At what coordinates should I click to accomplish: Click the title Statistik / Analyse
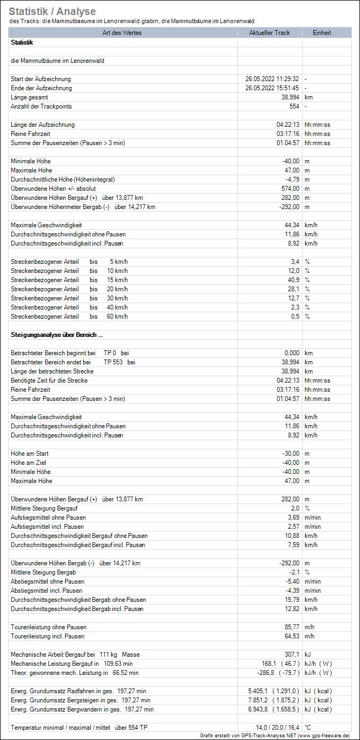[52, 11]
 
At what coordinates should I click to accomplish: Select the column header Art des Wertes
[123, 33]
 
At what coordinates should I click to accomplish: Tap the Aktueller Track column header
[269, 33]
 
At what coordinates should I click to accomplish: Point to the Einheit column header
[322, 33]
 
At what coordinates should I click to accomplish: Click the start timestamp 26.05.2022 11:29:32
[272, 79]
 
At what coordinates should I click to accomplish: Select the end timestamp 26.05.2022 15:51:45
[272, 88]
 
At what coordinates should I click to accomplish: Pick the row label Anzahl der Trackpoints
[41, 106]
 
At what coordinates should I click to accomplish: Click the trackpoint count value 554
[293, 106]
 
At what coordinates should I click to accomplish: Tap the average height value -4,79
[291, 179]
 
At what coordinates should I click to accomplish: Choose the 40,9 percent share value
[293, 280]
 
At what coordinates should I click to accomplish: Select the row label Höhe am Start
[30, 454]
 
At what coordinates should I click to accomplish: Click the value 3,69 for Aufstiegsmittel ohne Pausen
[293, 518]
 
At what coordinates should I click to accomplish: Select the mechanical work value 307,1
[292, 655]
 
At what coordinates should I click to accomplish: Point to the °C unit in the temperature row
[308, 728]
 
